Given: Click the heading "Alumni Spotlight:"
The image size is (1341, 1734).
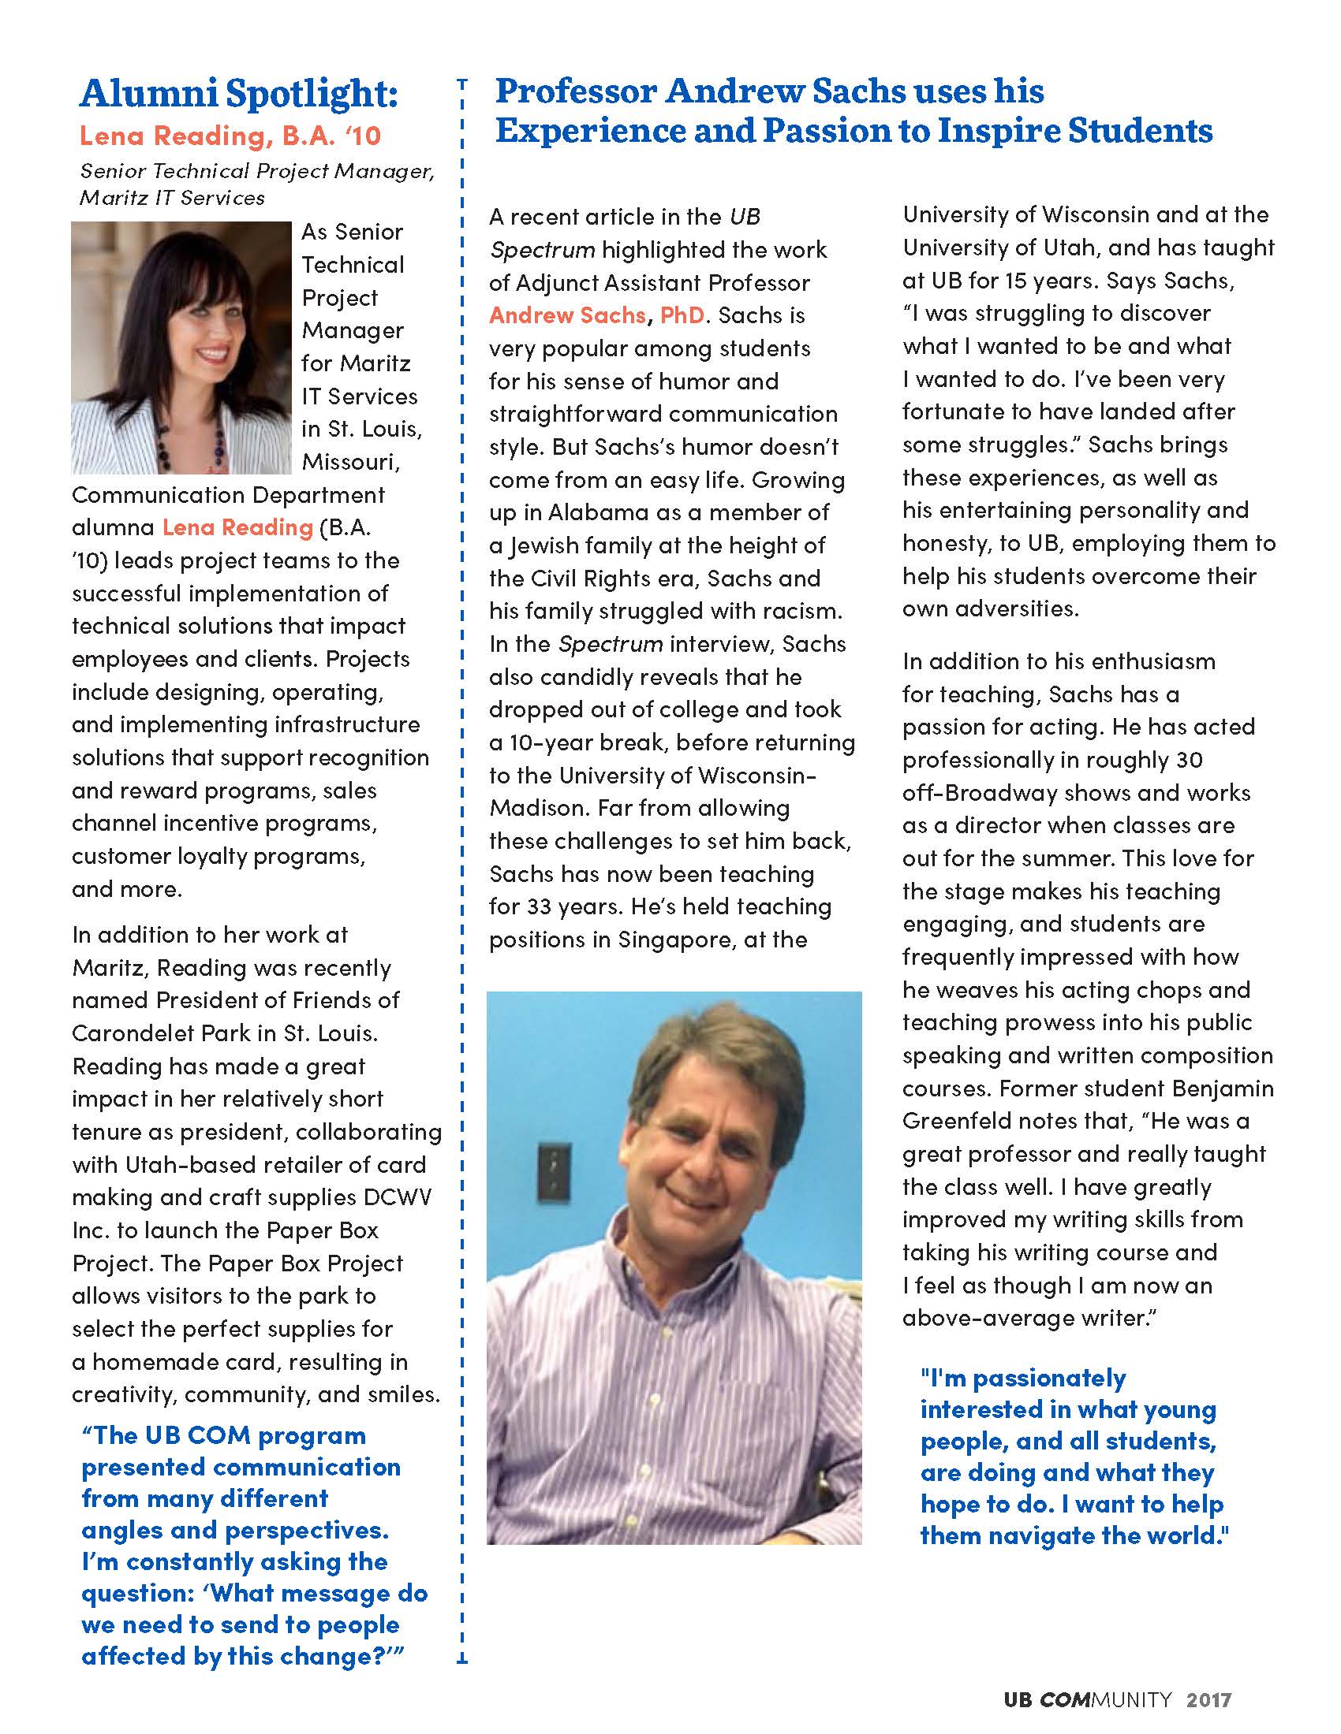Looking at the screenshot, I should point(238,95).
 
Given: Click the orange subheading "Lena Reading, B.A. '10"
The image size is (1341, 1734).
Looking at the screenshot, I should point(230,136).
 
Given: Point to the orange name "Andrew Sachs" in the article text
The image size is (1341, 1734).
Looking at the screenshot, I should point(567,315).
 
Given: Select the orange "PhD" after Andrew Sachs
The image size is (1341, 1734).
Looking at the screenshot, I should point(682,315).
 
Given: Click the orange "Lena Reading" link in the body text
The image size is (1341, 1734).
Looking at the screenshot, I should point(237,527).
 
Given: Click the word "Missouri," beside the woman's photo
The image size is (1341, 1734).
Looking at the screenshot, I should point(350,462).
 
